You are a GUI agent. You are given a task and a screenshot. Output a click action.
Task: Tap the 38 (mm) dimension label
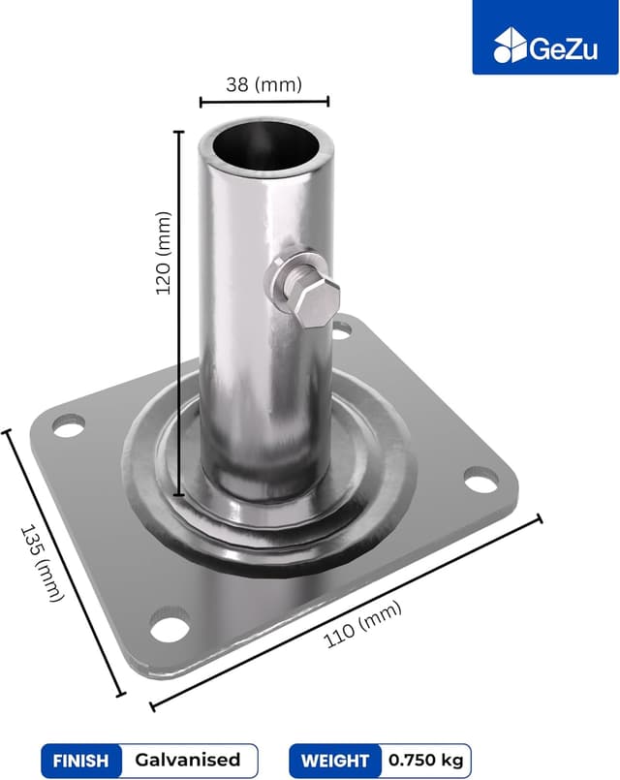[x=264, y=84]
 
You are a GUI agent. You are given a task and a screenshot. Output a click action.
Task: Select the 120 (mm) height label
[x=164, y=253]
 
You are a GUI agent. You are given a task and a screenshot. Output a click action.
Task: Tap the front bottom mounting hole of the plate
[x=170, y=628]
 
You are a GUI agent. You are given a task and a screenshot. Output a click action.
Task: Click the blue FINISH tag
[x=81, y=761]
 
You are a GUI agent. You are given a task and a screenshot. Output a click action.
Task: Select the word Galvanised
[x=187, y=761]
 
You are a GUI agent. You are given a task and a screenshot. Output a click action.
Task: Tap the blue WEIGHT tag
[x=335, y=761]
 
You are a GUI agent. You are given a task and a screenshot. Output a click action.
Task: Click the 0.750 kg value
[x=426, y=761]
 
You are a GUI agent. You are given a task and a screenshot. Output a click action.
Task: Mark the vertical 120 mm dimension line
[x=179, y=310]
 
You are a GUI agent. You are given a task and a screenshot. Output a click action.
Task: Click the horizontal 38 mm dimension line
[x=264, y=101]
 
